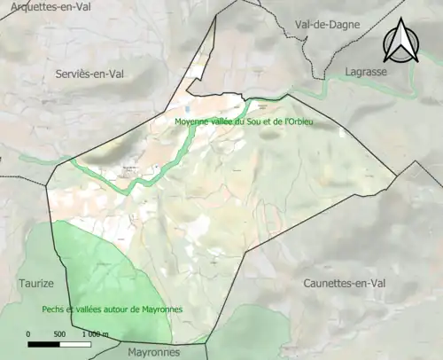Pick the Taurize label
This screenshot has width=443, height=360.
tap(36, 283)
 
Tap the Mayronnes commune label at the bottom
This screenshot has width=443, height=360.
tap(152, 350)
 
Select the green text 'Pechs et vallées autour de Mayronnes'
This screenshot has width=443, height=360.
tap(112, 309)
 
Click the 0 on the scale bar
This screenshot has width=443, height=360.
tap(28, 334)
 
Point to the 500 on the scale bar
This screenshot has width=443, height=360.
tap(59, 334)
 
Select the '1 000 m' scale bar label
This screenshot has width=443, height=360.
tap(95, 334)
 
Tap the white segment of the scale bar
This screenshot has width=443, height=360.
tap(75, 343)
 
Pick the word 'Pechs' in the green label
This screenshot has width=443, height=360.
tap(53, 309)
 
